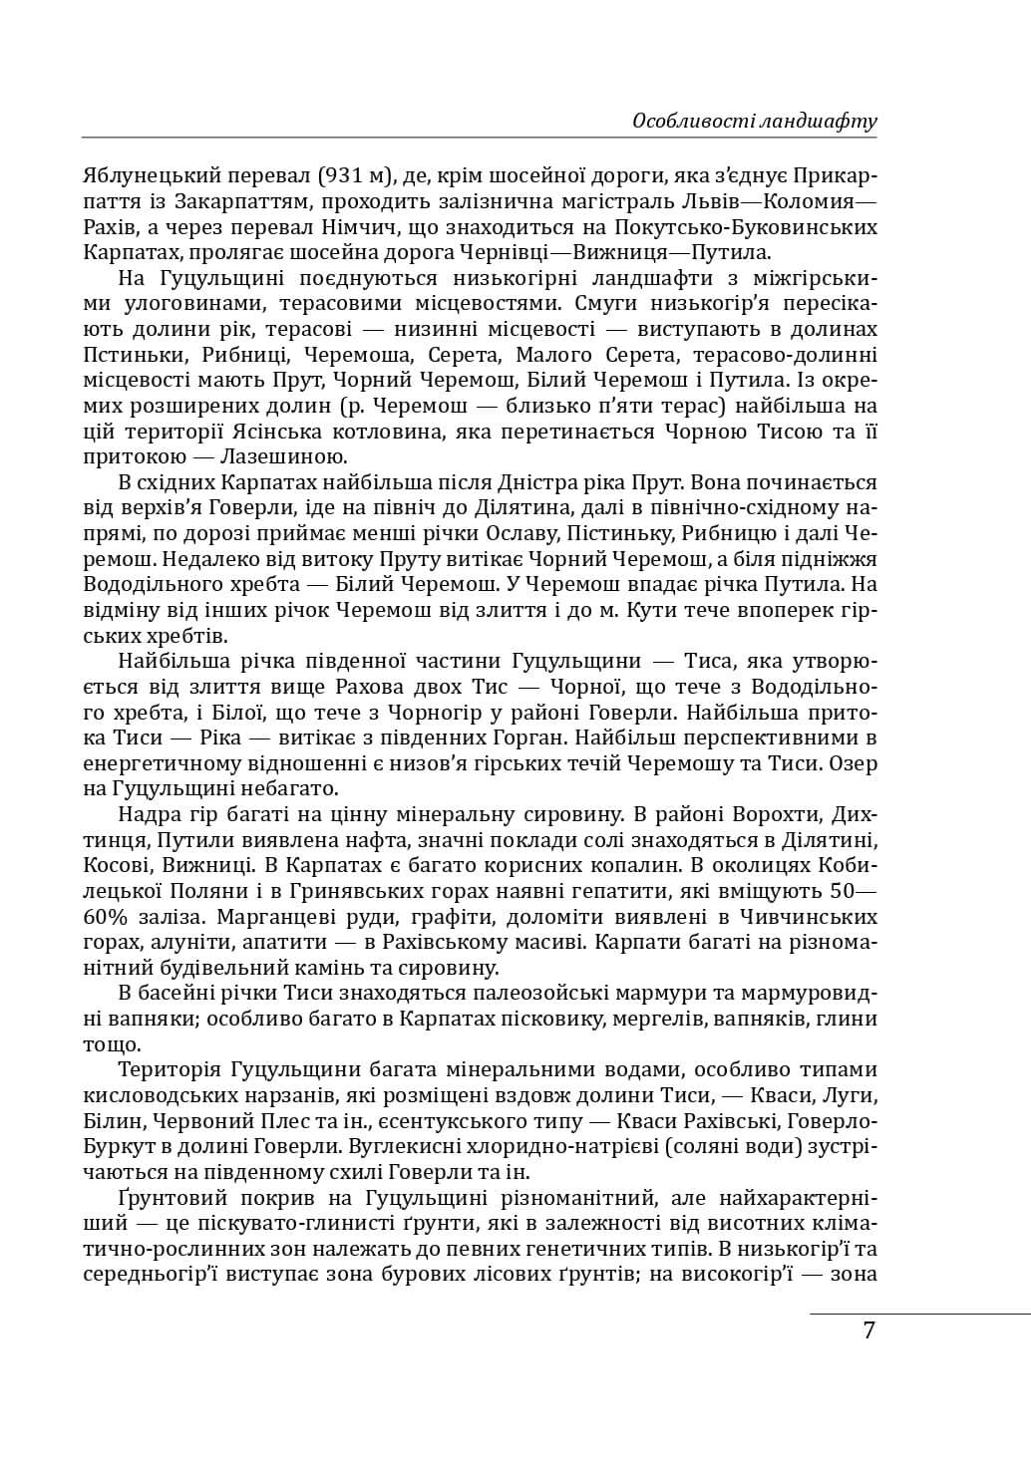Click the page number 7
(868, 1329)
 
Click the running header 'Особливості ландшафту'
(754, 122)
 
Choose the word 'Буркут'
(113, 1146)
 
